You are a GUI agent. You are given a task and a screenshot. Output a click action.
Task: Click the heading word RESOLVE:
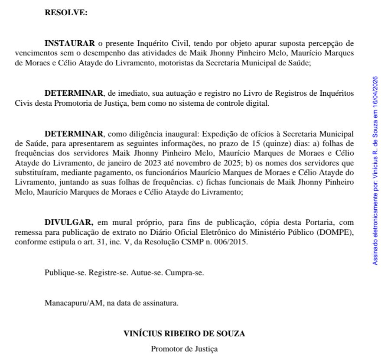pos(66,13)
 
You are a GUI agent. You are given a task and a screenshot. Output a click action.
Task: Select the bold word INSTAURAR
pos(69,43)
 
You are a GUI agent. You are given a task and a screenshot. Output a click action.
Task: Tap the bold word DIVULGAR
pos(68,223)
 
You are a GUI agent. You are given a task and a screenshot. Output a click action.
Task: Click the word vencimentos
pos(33,53)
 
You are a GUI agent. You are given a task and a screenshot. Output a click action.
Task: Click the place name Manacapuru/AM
pos(74,303)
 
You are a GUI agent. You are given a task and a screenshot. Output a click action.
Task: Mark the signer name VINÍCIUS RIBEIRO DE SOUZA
pos(184,334)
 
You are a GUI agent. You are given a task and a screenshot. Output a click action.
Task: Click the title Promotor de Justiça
pos(184,349)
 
